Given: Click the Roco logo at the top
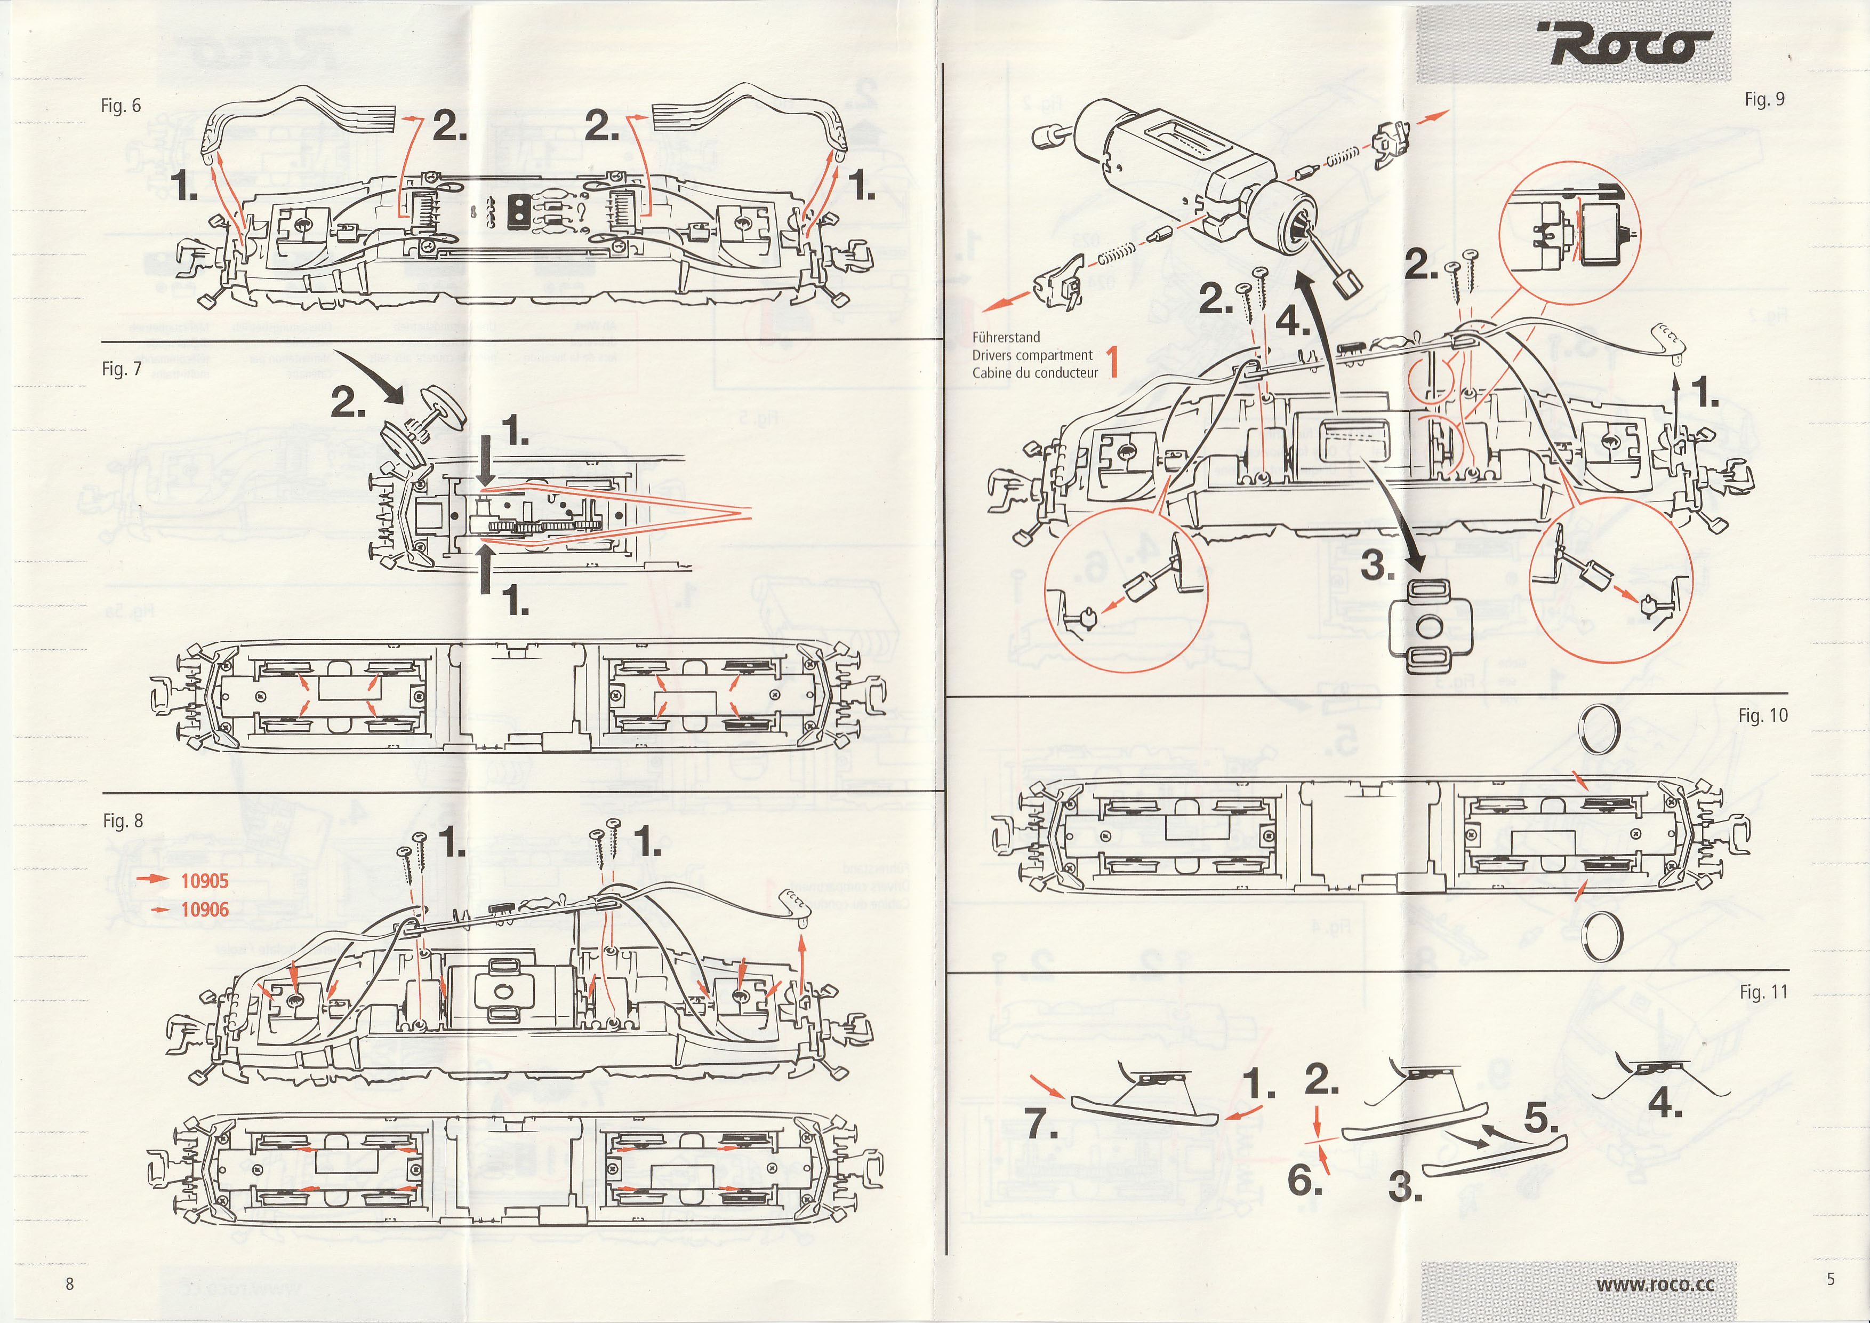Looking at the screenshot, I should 1624,45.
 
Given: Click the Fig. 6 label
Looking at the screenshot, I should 121,106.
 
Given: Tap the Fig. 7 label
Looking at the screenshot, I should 122,369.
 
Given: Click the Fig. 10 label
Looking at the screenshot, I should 1762,715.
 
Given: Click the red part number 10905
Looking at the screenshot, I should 204,881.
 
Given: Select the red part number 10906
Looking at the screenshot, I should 204,909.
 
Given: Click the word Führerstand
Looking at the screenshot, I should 1006,337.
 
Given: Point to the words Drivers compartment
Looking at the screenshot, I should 1032,355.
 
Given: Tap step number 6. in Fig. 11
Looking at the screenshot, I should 1304,1181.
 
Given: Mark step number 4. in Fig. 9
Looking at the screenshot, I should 1294,322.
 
